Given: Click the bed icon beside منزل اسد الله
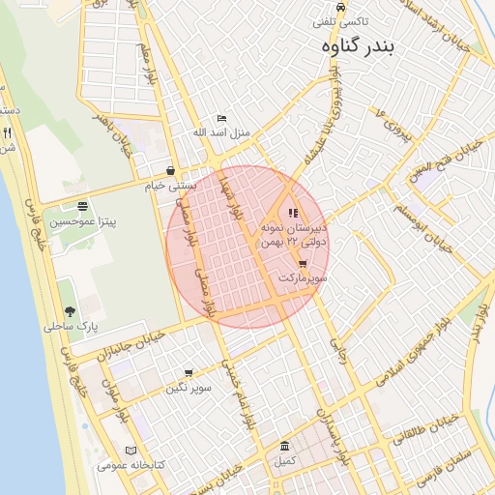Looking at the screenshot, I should point(221,118).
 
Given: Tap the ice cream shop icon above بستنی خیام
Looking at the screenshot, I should point(170,170).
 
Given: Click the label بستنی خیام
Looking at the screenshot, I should point(170,184).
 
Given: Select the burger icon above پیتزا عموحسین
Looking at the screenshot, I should point(82,206).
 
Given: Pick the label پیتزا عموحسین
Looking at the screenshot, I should point(83,221).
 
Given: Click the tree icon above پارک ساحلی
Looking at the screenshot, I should point(71,311).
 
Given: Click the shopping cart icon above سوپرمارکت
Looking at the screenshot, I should point(303,263).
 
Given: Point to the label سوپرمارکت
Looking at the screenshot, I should point(303,277).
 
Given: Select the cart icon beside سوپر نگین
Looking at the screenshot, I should point(188,372).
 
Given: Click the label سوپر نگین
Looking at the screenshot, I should point(188,388).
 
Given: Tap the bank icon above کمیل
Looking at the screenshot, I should point(284,447).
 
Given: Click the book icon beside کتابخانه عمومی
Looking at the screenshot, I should point(131,451).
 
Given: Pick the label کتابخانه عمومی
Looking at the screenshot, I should point(131,465).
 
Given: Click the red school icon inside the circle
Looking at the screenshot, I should point(293,213).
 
